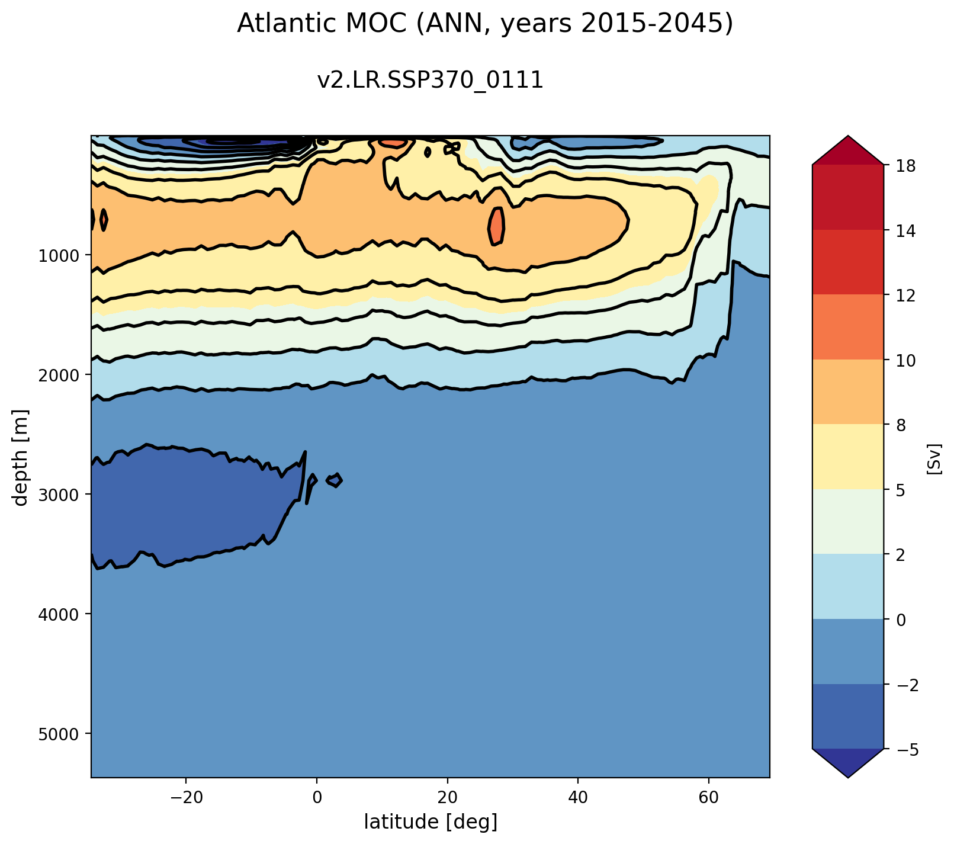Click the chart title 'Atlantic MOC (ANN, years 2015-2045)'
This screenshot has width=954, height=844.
pos(485,24)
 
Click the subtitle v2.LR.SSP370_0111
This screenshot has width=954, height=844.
pos(431,81)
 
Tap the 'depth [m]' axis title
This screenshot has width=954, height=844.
pos(22,457)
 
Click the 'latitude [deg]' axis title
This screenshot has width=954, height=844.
pos(431,822)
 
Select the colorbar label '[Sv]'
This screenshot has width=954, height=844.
pos(934,458)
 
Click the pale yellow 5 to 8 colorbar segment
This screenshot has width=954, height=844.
pos(848,457)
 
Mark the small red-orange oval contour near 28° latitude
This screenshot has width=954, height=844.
pos(496,226)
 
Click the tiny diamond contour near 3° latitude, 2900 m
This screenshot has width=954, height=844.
pos(336,480)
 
